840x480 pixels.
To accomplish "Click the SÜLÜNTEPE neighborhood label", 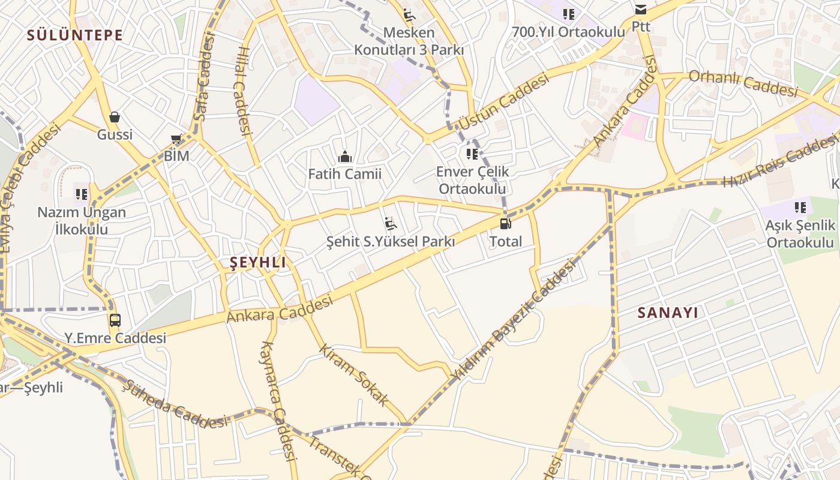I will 75,35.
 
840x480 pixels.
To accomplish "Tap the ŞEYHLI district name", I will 258,262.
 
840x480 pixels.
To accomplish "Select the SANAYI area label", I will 668,313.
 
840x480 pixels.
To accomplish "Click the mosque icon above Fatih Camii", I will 345,157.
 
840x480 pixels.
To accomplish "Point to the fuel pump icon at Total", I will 506,224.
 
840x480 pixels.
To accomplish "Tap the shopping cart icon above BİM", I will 176,139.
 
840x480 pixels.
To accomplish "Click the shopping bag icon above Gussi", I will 115,117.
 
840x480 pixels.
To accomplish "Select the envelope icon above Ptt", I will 641,10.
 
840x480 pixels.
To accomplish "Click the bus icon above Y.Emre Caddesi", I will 115,320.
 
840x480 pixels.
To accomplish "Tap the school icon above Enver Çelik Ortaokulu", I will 472,154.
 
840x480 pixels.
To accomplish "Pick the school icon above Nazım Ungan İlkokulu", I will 82,194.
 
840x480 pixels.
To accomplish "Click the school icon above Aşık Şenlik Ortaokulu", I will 800,208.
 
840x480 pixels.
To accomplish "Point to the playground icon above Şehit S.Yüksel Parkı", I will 390,224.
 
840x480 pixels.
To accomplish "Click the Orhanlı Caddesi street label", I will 743,83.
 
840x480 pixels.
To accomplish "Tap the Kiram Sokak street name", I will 354,375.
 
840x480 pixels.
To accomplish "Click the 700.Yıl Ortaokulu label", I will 568,32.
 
